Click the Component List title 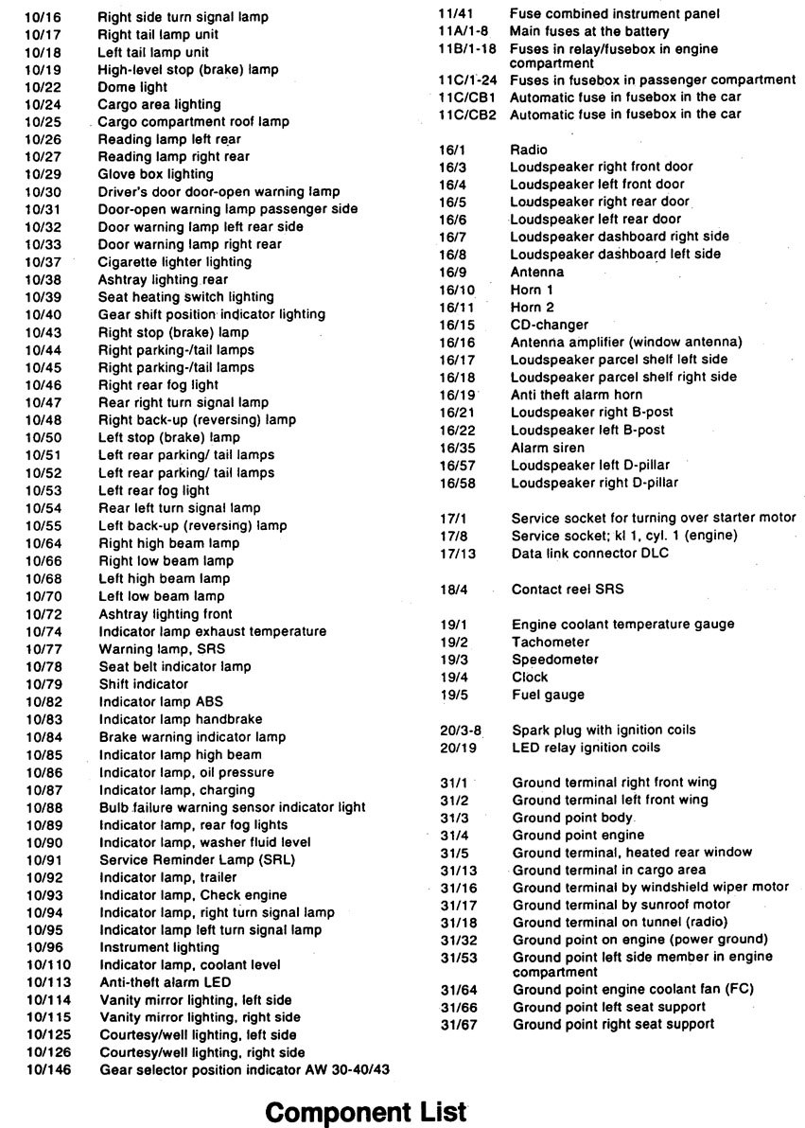pos(367,1111)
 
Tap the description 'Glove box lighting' pos(156,174)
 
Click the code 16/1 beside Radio pos(454,150)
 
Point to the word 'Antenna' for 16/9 pos(536,273)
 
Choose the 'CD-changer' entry pos(550,325)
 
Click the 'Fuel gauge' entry pos(548,695)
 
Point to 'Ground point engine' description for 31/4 pos(578,835)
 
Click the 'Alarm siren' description pos(548,447)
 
